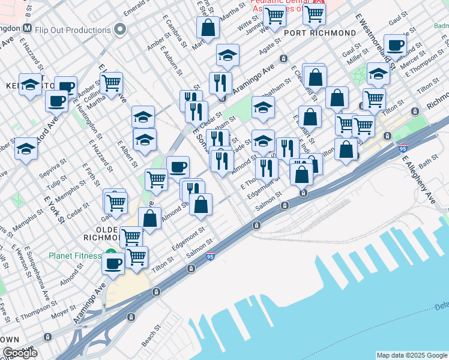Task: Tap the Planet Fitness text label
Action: (75, 256)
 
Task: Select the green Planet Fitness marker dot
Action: (110, 253)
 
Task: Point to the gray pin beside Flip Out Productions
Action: (121, 29)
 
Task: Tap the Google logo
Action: (20, 353)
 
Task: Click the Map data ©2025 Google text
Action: (411, 355)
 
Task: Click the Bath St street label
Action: (429, 161)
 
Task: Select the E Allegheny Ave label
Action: (418, 180)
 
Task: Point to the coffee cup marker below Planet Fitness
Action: (113, 263)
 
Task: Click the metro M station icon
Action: (27, 29)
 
